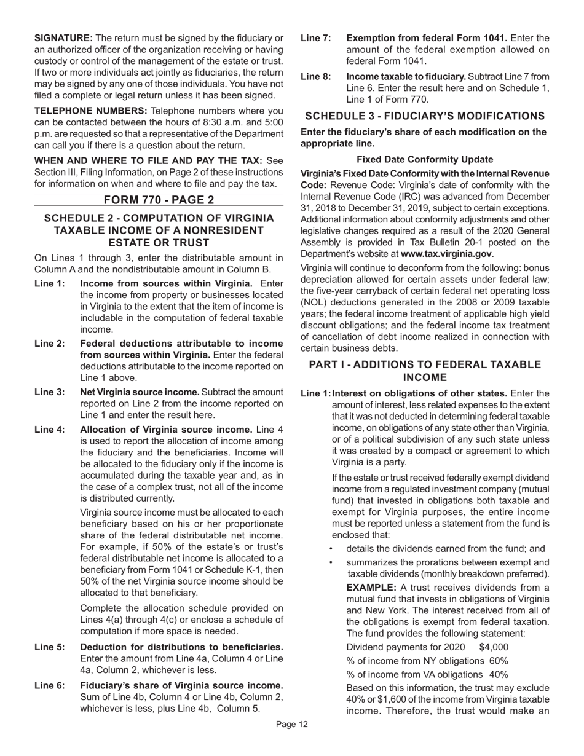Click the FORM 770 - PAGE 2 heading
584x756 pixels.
click(x=159, y=200)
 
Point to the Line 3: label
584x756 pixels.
click(x=49, y=392)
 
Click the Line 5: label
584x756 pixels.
click(x=49, y=647)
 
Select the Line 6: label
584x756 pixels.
click(x=49, y=685)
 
